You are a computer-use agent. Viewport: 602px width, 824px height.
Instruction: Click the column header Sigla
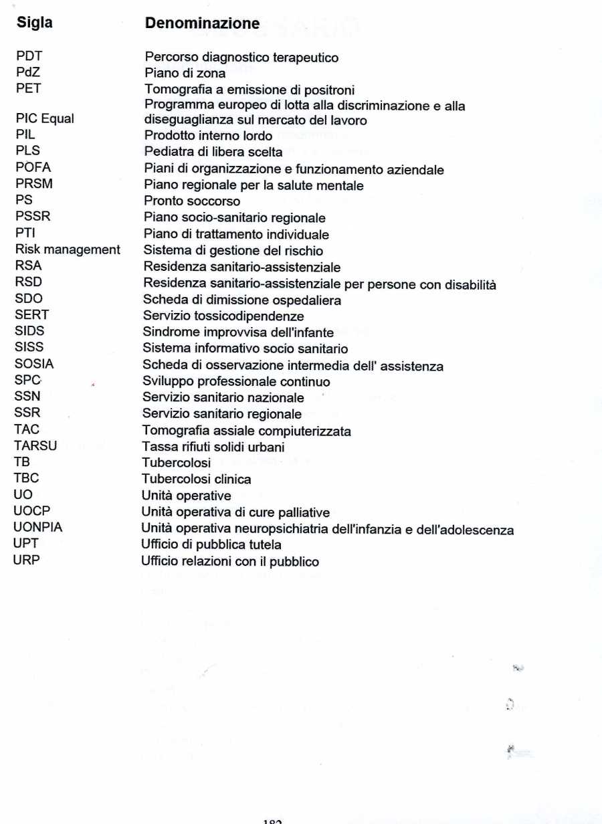point(34,23)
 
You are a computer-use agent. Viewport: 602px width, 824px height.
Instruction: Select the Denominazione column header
point(202,24)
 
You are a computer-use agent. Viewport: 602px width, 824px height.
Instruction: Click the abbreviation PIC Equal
point(45,119)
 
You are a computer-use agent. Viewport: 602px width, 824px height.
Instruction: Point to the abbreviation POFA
point(33,169)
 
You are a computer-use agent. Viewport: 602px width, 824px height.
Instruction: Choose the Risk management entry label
point(68,250)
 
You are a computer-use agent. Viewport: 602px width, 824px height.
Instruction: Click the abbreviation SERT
point(31,315)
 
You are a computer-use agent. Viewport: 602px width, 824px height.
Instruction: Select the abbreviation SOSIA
point(34,365)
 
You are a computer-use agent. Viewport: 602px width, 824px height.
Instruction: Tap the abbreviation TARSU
point(35,447)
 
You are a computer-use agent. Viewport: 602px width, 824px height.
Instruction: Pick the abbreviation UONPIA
point(37,528)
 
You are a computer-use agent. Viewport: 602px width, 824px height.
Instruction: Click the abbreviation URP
point(27,561)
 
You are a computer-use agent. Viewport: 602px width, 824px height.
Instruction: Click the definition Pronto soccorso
point(192,201)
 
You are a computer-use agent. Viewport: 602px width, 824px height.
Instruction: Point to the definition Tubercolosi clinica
point(197,480)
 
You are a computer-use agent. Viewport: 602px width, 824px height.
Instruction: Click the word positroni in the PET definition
point(329,90)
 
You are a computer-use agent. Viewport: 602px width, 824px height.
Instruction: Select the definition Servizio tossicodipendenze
point(223,316)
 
